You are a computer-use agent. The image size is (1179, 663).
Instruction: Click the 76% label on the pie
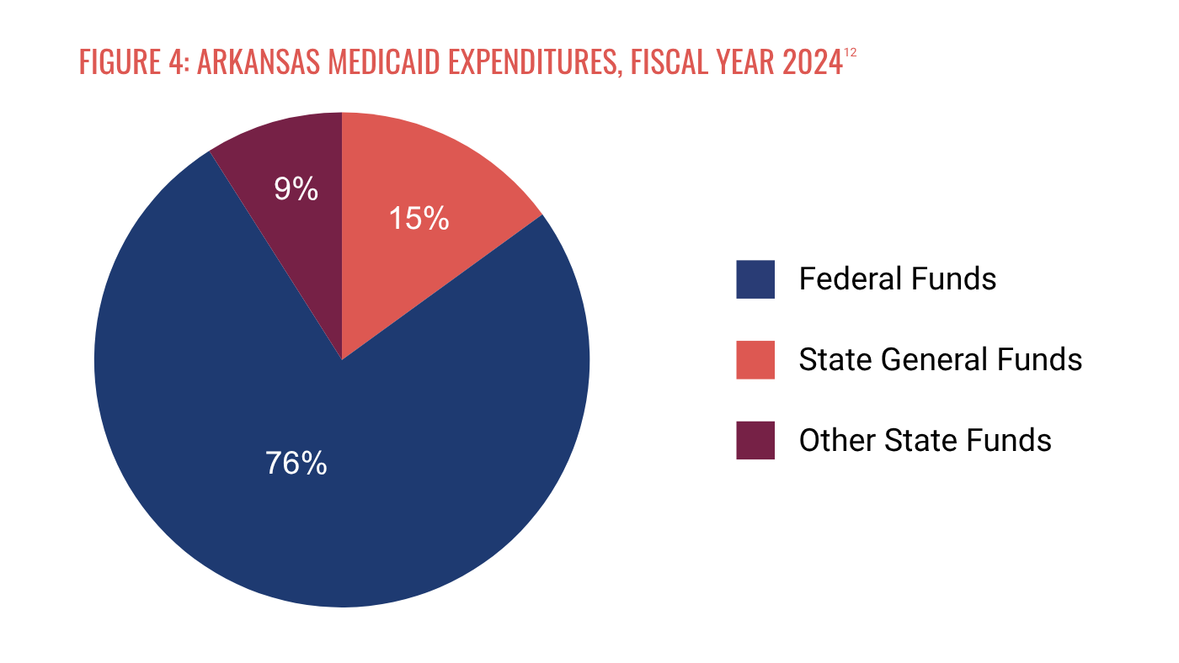pyautogui.click(x=296, y=464)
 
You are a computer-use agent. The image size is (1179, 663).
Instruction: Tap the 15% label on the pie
pyautogui.click(x=419, y=218)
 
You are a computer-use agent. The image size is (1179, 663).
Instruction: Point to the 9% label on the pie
pyautogui.click(x=296, y=188)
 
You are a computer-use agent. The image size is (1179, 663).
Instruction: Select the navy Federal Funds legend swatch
pyautogui.click(x=755, y=279)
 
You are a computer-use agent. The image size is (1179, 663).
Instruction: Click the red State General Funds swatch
pyautogui.click(x=755, y=359)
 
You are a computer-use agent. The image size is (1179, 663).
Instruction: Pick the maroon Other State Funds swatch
pyautogui.click(x=755, y=440)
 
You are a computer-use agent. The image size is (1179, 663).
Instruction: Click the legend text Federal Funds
pyautogui.click(x=898, y=278)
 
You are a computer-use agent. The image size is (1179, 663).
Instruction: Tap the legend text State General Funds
pyautogui.click(x=941, y=359)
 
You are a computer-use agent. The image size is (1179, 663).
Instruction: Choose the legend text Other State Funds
pyautogui.click(x=926, y=440)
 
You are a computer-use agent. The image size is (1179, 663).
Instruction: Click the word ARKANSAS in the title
pyautogui.click(x=259, y=62)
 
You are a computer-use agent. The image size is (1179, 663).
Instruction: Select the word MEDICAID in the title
pyautogui.click(x=384, y=62)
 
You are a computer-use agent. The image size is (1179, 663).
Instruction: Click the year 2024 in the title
pyautogui.click(x=813, y=62)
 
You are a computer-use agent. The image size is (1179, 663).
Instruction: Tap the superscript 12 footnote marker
pyautogui.click(x=851, y=53)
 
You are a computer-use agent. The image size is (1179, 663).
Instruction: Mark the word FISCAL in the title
pyautogui.click(x=669, y=62)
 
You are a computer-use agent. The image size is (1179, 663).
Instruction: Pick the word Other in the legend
pyautogui.click(x=837, y=440)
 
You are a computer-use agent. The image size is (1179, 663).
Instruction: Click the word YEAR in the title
pyautogui.click(x=744, y=62)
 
